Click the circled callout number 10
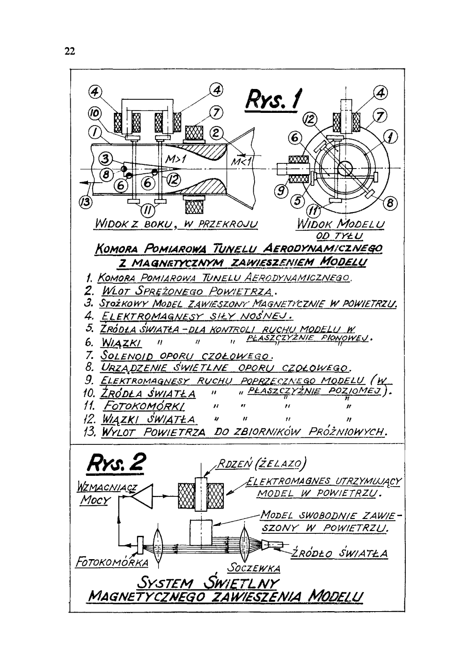[x=94, y=114]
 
